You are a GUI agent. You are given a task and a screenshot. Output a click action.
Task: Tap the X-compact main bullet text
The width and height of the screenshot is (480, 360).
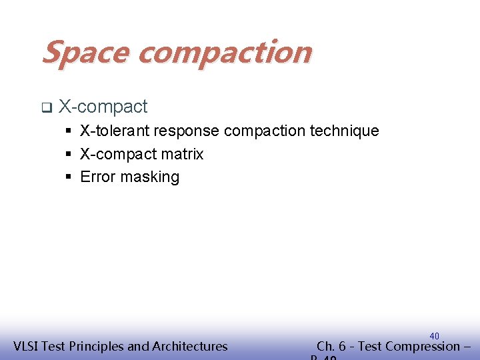(103, 107)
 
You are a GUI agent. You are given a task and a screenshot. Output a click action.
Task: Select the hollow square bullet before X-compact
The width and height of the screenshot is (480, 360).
(45, 107)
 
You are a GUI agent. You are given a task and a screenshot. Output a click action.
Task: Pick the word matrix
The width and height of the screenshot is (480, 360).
(187, 154)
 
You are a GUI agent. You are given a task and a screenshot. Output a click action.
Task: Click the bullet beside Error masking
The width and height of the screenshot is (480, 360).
(69, 177)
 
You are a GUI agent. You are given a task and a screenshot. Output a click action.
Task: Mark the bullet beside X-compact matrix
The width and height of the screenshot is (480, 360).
(69, 155)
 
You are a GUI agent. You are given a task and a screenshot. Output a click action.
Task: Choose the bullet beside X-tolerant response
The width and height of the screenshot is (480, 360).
(69, 131)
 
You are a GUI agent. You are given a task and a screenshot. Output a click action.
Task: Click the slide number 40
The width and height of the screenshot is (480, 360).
(434, 335)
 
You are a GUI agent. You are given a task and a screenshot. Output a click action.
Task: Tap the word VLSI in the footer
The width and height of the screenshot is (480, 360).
(27, 346)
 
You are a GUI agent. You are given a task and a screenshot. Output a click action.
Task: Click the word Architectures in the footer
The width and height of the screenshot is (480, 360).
(190, 346)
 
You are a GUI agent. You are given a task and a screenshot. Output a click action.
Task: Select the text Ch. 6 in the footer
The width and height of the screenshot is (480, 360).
(331, 346)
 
